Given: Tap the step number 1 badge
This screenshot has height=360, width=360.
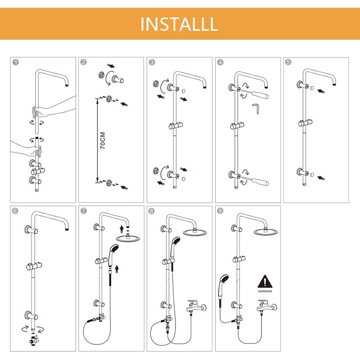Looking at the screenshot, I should pos(16,62).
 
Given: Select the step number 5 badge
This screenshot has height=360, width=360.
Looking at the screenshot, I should pos(288,62).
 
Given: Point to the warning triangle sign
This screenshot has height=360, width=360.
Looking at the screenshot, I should pos(265,282).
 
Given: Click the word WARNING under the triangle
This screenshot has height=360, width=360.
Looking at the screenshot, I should pos(265,291).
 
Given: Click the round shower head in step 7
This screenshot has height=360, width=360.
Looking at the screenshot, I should pos(128,239).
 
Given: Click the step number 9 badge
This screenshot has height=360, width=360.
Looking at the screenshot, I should pos(220,211).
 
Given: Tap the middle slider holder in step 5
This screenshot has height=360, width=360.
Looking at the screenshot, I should pos(301,124).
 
